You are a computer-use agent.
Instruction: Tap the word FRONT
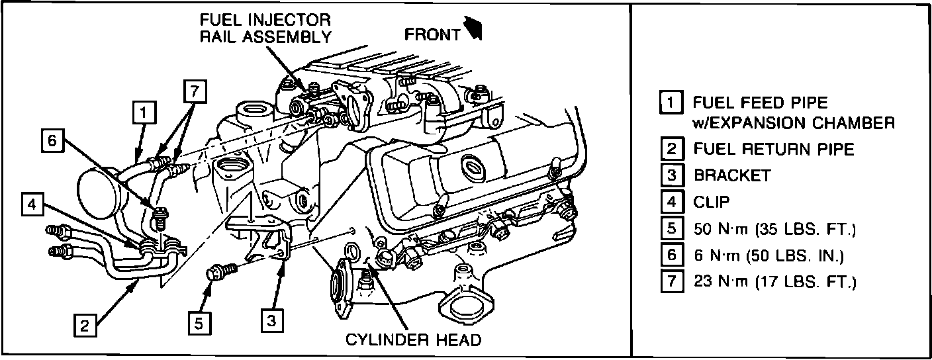[432, 34]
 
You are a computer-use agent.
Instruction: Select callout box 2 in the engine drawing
[83, 325]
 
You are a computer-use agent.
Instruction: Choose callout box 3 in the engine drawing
[271, 320]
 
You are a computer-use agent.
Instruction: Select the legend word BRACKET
[732, 175]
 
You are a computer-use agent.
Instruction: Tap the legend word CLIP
[712, 202]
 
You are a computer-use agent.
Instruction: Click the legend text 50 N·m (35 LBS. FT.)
[774, 229]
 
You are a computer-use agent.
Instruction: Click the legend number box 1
[671, 103]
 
